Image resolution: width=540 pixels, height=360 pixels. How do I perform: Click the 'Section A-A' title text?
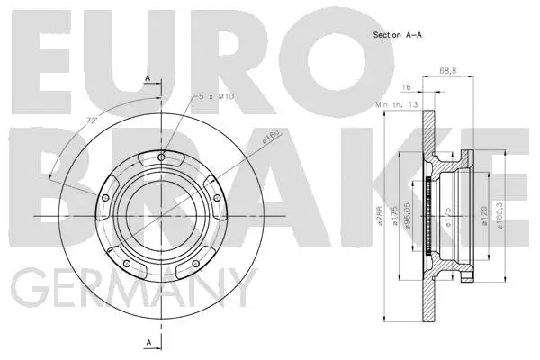[x=398, y=35]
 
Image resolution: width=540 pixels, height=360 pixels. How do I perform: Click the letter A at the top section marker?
[x=147, y=78]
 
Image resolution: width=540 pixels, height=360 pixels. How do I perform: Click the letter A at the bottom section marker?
[x=147, y=341]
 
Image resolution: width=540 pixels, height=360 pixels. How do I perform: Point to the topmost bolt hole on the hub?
[x=161, y=159]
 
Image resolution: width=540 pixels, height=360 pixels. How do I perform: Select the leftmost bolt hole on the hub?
[x=105, y=199]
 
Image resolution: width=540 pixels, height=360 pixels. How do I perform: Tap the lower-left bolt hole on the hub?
[x=127, y=264]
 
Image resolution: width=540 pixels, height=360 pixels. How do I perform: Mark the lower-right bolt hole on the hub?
[x=195, y=264]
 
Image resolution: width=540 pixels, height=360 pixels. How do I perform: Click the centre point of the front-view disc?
[x=161, y=216]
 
